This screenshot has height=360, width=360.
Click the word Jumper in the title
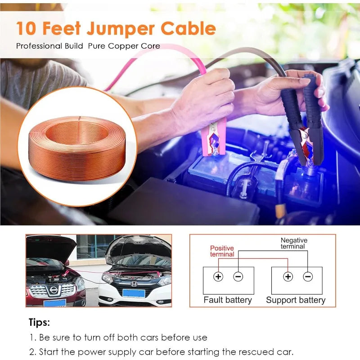coord(121,29)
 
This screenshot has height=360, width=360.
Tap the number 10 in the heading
coord(26,28)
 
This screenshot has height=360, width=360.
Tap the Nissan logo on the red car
coord(54,290)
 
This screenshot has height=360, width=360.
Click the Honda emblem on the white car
coord(134,284)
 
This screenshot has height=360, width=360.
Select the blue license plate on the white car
coord(134,293)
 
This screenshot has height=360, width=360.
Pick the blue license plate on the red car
coord(55,303)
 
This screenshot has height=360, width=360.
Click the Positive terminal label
coord(222,251)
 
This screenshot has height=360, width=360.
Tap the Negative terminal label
coord(294,243)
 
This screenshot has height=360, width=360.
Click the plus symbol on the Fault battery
coord(218,276)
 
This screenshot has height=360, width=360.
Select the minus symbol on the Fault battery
coord(238,276)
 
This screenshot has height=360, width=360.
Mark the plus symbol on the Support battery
coord(288,276)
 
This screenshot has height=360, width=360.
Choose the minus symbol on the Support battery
coord(308,276)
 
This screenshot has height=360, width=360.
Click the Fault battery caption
coord(228,300)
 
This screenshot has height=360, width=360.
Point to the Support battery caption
coord(296,300)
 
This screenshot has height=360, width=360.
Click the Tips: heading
coord(39,323)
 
